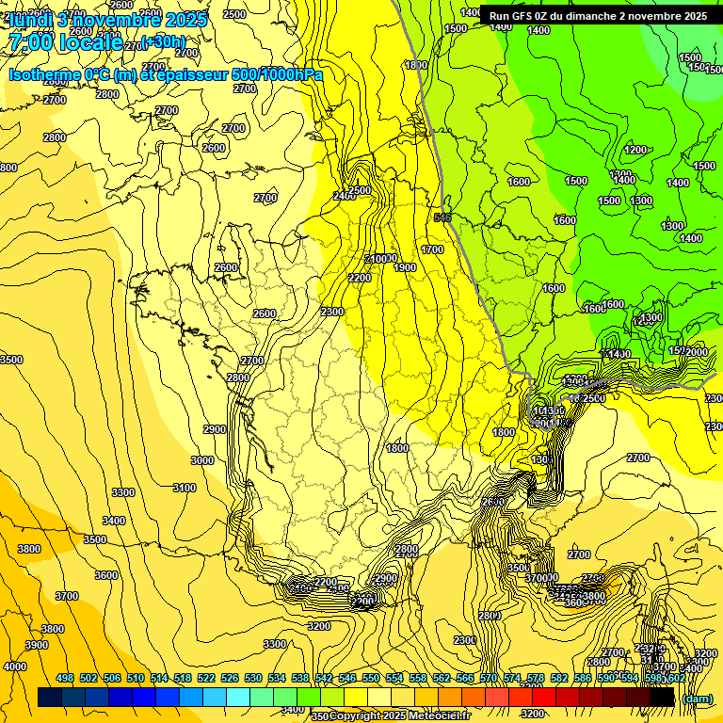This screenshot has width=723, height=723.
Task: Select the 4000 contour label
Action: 15,667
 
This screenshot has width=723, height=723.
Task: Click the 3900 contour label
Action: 36,645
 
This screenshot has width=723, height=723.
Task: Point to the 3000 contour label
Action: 202,460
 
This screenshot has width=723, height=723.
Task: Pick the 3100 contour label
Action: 185,488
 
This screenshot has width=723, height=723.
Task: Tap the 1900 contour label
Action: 405,268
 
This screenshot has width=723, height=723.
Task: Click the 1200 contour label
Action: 635,150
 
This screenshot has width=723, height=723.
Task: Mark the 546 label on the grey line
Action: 442,218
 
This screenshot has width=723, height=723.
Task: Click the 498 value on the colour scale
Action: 65,678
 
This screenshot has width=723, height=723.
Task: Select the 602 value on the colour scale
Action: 676,678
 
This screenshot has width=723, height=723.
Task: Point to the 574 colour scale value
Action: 512,678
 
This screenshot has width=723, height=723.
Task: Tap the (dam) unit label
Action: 697,699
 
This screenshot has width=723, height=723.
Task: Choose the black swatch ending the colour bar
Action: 662,697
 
